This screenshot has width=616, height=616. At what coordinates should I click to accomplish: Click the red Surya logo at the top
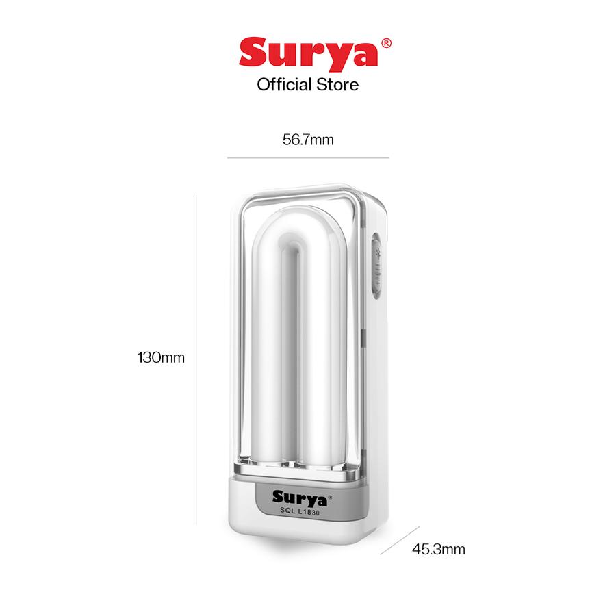coord(307,53)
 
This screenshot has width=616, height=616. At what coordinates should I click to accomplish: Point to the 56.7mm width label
coord(308,140)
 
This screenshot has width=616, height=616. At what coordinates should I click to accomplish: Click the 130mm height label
coord(162,357)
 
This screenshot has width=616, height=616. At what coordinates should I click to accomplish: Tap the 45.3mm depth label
coord(439,549)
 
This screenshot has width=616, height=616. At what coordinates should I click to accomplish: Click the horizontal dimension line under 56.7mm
coord(308,158)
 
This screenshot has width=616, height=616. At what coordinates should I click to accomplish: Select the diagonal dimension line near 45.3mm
coord(400,540)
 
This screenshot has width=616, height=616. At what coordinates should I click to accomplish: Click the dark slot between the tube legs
coord(296,356)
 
